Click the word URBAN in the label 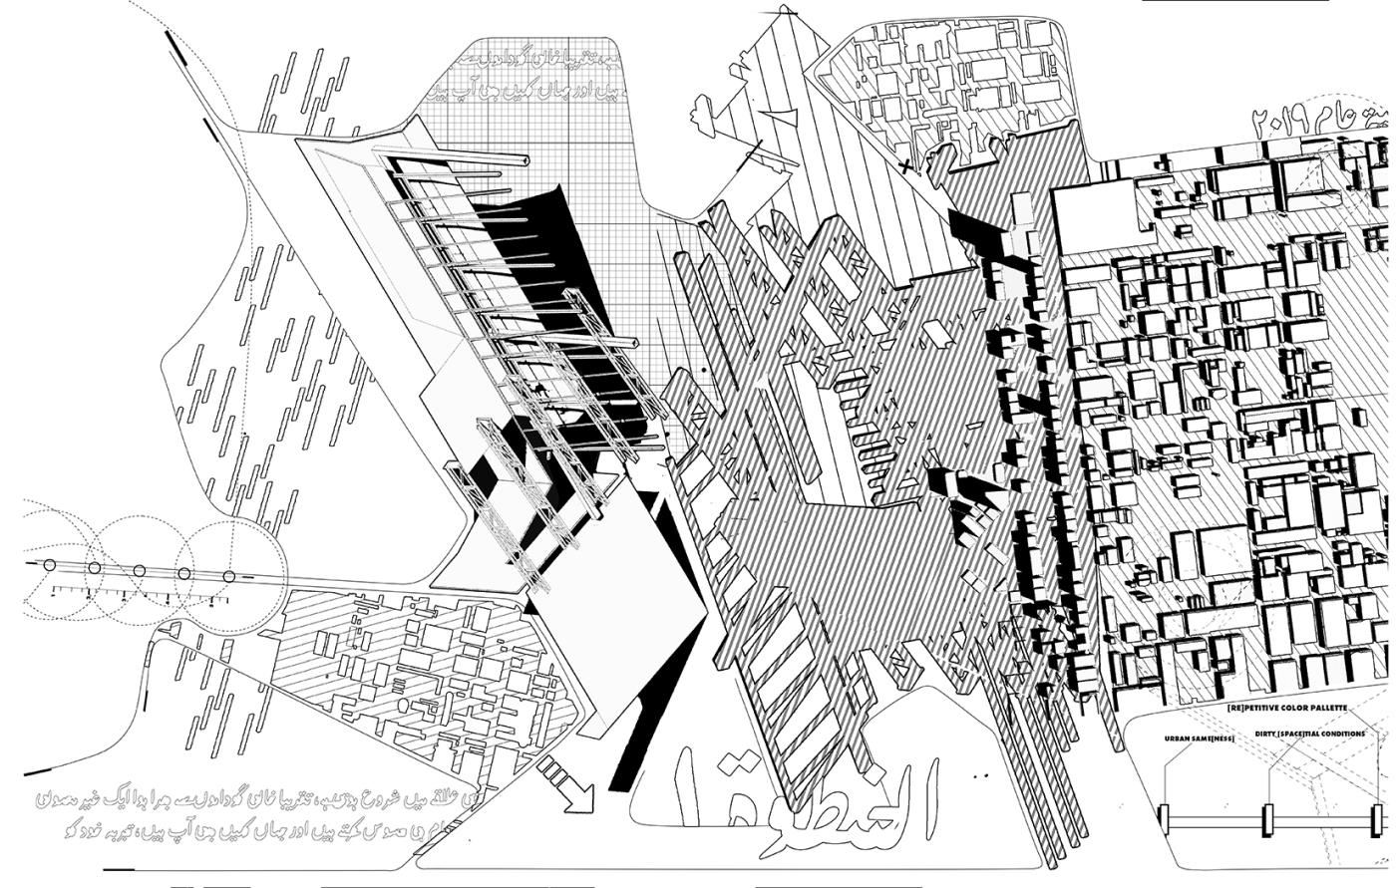click(1178, 739)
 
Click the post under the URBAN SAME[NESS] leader click(1164, 819)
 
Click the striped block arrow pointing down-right click(565, 782)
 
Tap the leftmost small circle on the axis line click(49, 565)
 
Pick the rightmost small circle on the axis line click(228, 576)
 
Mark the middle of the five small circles click(139, 570)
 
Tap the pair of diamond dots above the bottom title click(981, 774)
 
